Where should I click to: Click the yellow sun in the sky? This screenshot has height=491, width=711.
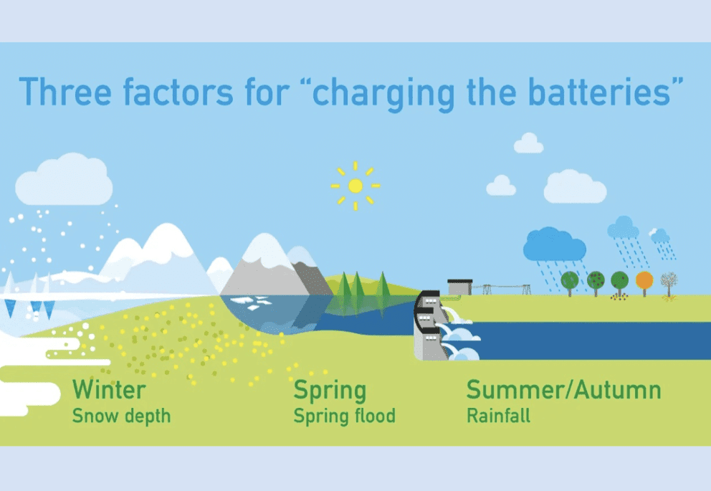pyautogui.click(x=355, y=186)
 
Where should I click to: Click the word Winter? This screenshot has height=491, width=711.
pyautogui.click(x=109, y=390)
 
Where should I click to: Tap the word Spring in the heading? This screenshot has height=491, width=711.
pyautogui.click(x=330, y=390)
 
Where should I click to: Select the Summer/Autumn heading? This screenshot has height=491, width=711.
pyautogui.click(x=563, y=390)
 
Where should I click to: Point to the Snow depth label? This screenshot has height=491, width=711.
pyautogui.click(x=122, y=416)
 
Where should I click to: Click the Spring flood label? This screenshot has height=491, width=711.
pyautogui.click(x=344, y=416)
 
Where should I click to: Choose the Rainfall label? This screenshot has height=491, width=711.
pyautogui.click(x=498, y=416)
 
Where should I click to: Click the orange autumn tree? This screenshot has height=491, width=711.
pyautogui.click(x=644, y=280)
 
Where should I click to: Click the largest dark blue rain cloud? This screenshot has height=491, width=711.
pyautogui.click(x=554, y=245)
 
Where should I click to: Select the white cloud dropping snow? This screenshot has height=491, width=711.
pyautogui.click(x=63, y=180)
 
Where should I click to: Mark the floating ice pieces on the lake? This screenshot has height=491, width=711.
pyautogui.click(x=254, y=303)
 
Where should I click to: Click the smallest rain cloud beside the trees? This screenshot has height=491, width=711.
pyautogui.click(x=659, y=236)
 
